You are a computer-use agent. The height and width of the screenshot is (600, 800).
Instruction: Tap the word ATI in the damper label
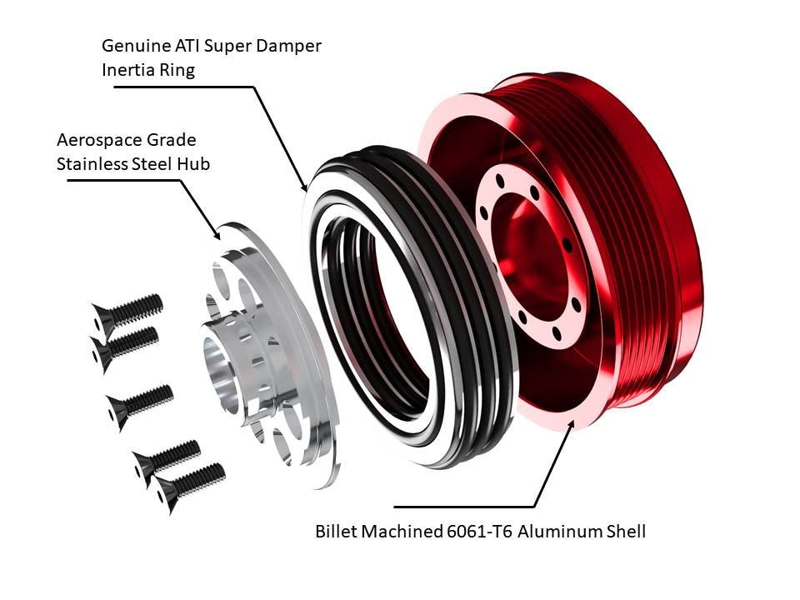[191, 46]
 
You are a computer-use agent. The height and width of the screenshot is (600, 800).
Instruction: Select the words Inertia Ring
[147, 70]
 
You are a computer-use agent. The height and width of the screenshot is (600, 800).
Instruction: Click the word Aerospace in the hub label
[93, 139]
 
